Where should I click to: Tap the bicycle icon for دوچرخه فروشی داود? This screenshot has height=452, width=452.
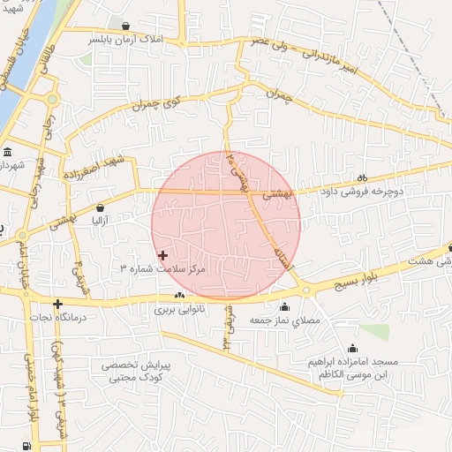pos(363,177)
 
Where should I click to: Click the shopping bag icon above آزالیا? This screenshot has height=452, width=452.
pos(100,208)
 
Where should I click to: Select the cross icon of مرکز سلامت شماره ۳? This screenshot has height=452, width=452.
pos(162,254)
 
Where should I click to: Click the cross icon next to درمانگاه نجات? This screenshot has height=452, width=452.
pos(57,305)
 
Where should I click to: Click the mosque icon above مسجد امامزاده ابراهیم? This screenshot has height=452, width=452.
pos(353,348)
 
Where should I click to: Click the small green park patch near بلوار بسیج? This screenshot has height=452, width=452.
pos(374,331)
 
